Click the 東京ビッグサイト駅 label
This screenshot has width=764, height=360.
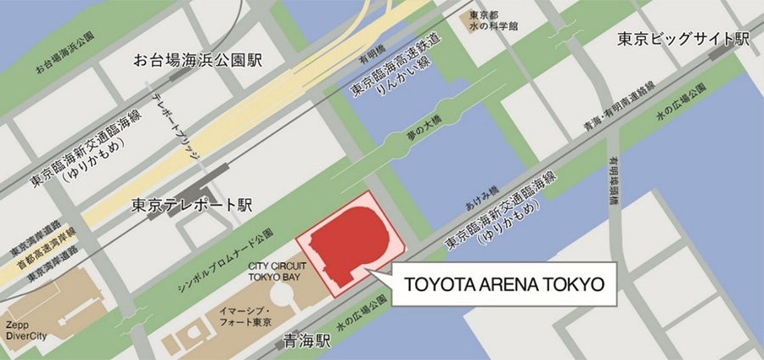683,39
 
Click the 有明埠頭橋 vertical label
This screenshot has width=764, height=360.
612,182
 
